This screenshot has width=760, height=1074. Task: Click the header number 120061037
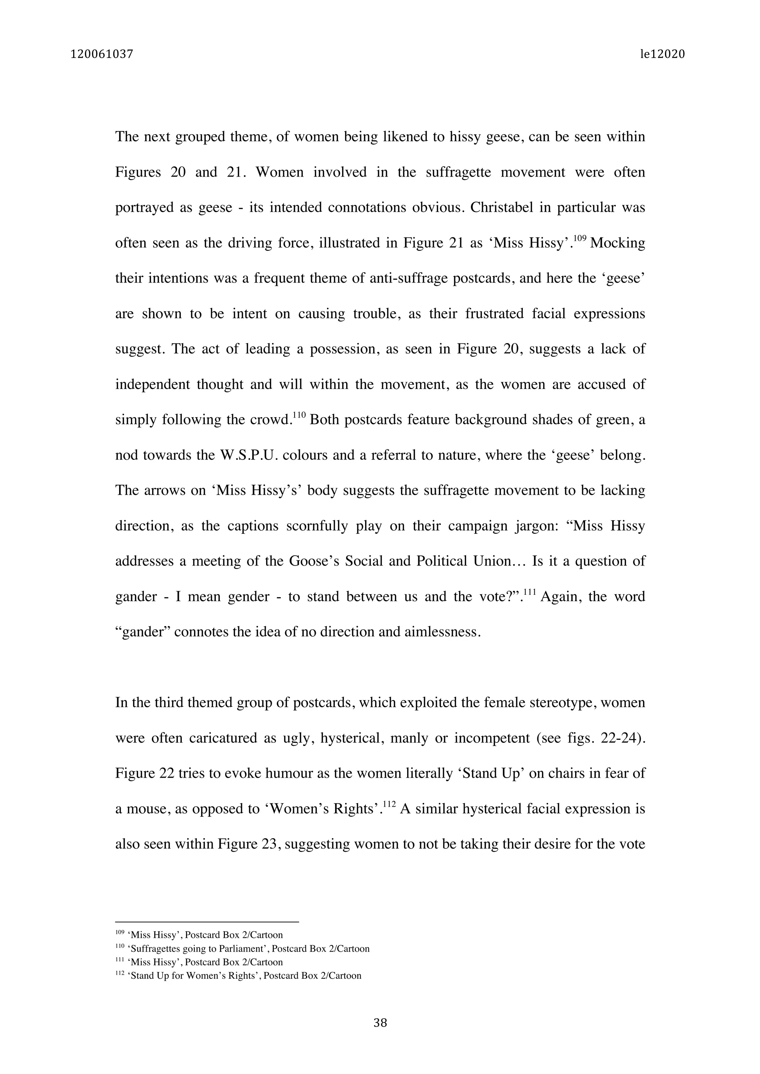click(102, 55)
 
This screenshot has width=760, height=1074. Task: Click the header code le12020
click(662, 55)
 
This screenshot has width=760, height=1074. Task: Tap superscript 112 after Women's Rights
click(389, 804)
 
